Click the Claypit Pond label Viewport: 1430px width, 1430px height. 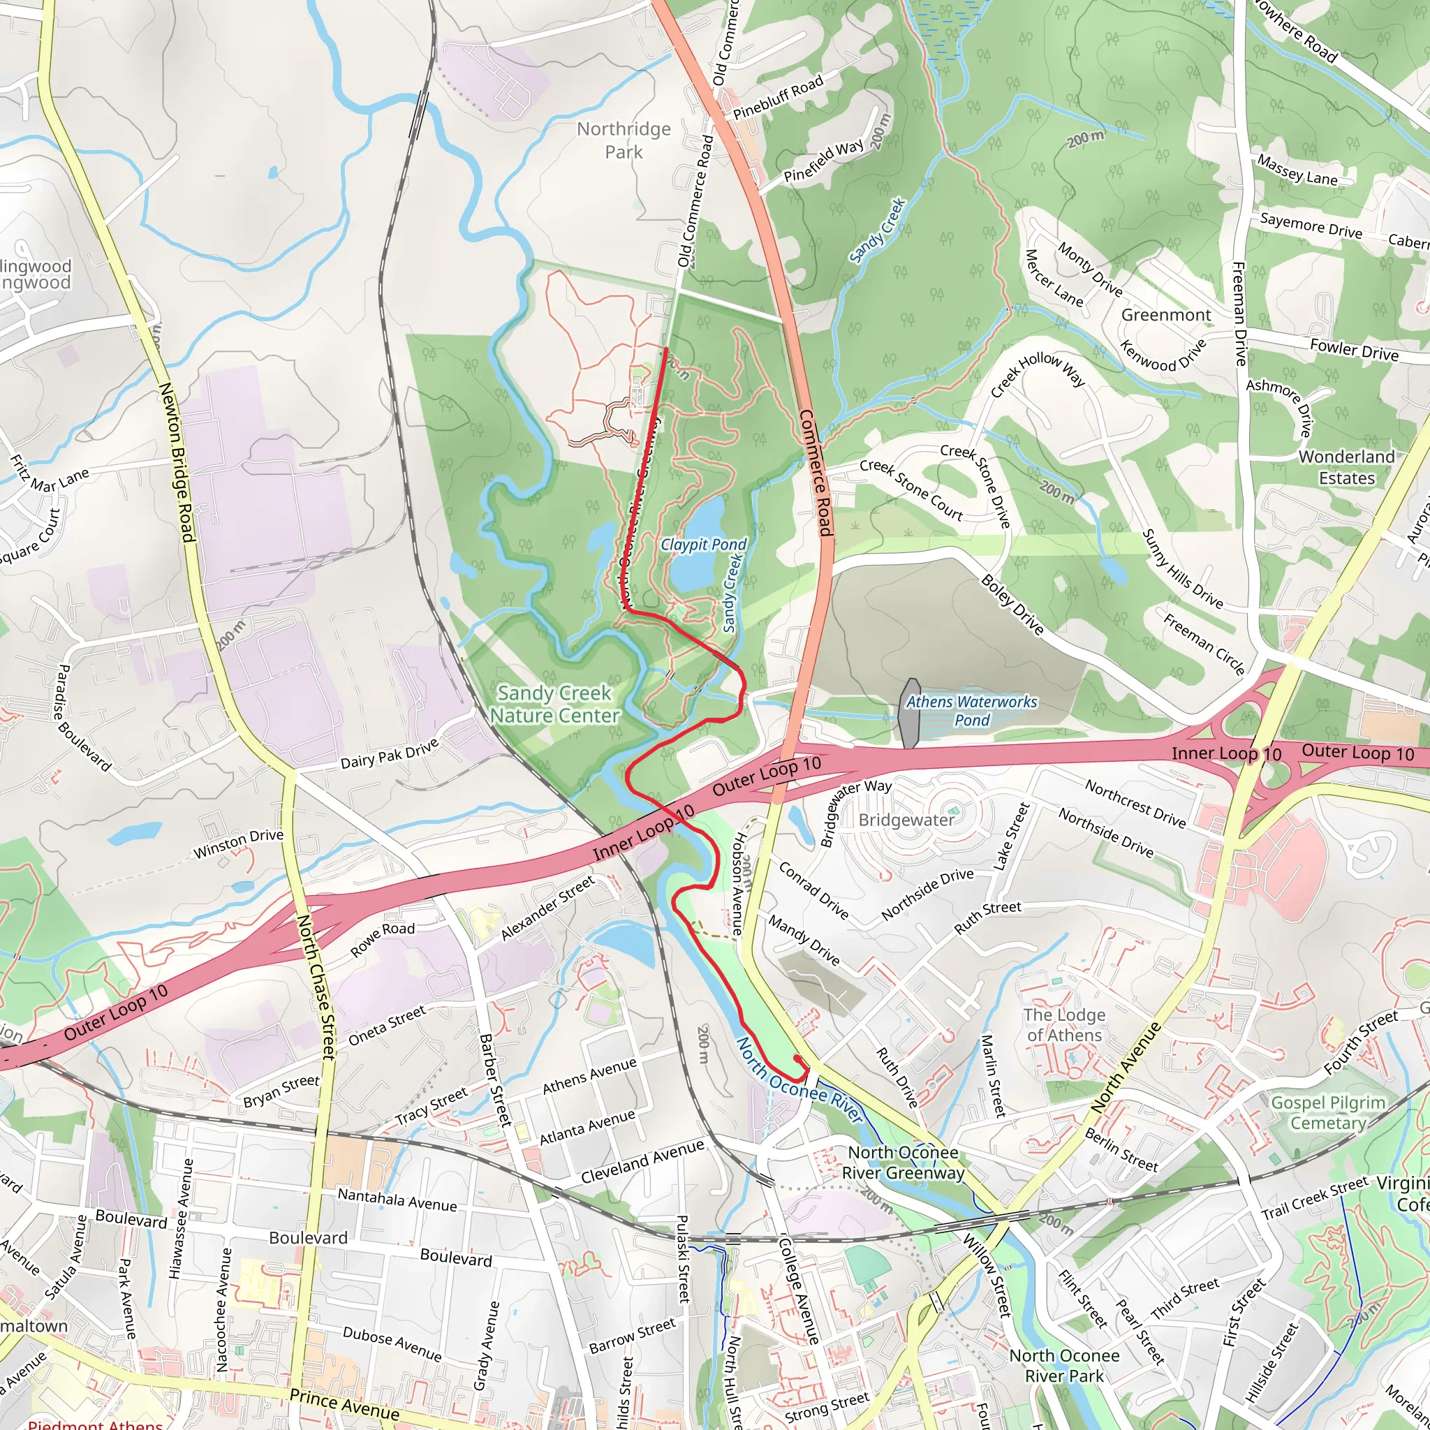coord(703,545)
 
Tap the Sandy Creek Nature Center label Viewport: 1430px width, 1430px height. coord(554,704)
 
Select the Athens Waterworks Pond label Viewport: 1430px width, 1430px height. coord(971,711)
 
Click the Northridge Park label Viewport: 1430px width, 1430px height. coord(624,140)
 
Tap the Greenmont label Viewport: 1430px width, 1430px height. coord(1166,316)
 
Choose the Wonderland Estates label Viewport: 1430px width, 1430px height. coord(1346,467)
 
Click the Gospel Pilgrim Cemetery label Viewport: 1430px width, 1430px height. coord(1328,1113)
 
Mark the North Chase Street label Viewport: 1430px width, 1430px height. coord(316,987)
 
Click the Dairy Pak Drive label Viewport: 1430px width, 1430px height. coord(390,753)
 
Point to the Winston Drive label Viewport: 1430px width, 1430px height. coord(238,843)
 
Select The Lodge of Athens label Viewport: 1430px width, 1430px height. coord(1064,1024)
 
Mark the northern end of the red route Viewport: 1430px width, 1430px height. coord(666,348)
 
